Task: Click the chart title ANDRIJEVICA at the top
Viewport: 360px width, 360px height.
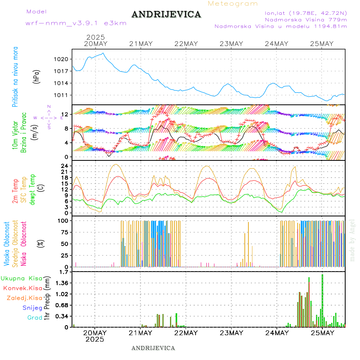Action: [166, 15]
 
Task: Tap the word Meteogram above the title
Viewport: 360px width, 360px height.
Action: [233, 4]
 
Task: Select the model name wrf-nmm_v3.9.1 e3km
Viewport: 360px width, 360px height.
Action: [76, 23]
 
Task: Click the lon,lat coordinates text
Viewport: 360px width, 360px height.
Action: [303, 13]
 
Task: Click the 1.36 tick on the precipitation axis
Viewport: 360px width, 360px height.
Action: [62, 283]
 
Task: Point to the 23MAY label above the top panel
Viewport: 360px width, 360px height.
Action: [232, 44]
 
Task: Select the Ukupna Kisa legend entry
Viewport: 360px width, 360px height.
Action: [22, 278]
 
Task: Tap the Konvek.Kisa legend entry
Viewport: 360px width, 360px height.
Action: [23, 288]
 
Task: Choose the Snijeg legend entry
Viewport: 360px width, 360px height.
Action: [32, 308]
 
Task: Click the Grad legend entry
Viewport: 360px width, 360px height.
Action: [35, 318]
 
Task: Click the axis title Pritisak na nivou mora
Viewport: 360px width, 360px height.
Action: [15, 77]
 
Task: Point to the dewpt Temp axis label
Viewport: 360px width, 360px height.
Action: [32, 189]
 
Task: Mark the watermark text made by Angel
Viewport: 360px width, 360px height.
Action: [352, 240]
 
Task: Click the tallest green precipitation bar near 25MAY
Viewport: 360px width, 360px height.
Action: [322, 300]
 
